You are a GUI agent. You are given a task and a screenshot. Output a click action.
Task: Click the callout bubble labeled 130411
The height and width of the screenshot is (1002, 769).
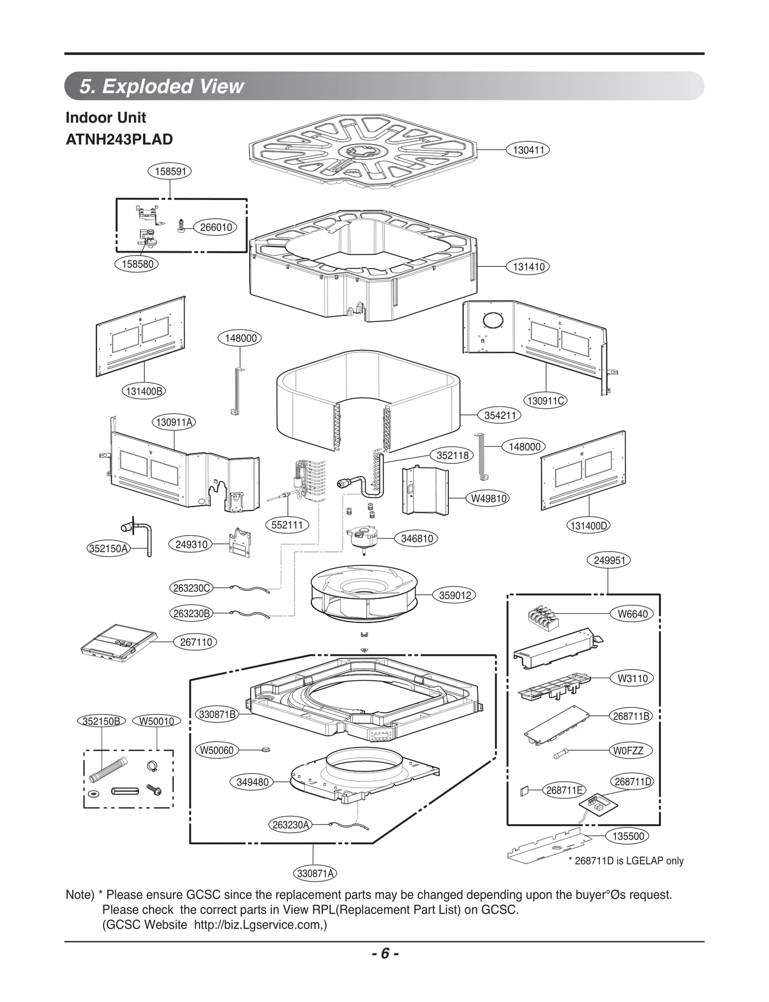coord(528,150)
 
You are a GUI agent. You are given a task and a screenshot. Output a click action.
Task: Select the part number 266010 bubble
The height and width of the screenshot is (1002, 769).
coord(216,227)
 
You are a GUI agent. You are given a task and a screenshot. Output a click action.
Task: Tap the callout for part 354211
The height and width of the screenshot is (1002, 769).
coord(500,415)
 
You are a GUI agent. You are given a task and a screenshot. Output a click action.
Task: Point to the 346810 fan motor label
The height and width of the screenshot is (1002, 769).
coord(417,539)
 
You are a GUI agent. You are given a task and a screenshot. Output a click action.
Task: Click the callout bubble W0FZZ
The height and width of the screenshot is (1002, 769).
coord(632,751)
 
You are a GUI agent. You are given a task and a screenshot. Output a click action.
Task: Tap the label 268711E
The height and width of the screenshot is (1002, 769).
coord(564,790)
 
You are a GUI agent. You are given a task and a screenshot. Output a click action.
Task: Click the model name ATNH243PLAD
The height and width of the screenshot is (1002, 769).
coord(119,139)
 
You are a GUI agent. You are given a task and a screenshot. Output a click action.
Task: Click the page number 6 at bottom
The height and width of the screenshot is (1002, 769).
coord(384,953)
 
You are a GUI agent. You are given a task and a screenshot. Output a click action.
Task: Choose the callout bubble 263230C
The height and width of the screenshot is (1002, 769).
coord(191,588)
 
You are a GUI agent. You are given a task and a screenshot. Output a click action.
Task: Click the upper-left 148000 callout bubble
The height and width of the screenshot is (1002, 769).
coord(240,338)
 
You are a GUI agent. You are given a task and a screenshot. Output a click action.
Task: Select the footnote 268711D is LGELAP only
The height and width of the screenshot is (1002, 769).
coord(626,861)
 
